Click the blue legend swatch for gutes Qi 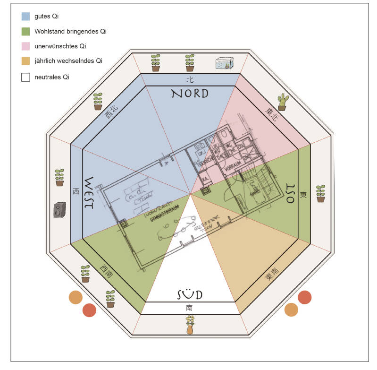click(x=26, y=16)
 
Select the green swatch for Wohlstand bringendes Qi click(x=26, y=31)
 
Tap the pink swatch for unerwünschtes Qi click(x=26, y=46)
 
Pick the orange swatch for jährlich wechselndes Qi click(x=26, y=61)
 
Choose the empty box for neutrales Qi click(x=26, y=77)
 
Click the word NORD click(x=190, y=93)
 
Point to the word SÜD click(x=190, y=295)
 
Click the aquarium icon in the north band click(x=225, y=64)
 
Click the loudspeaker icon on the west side click(x=59, y=209)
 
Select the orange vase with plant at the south click(x=190, y=326)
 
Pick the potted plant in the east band click(x=321, y=193)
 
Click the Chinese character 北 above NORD click(x=190, y=80)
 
